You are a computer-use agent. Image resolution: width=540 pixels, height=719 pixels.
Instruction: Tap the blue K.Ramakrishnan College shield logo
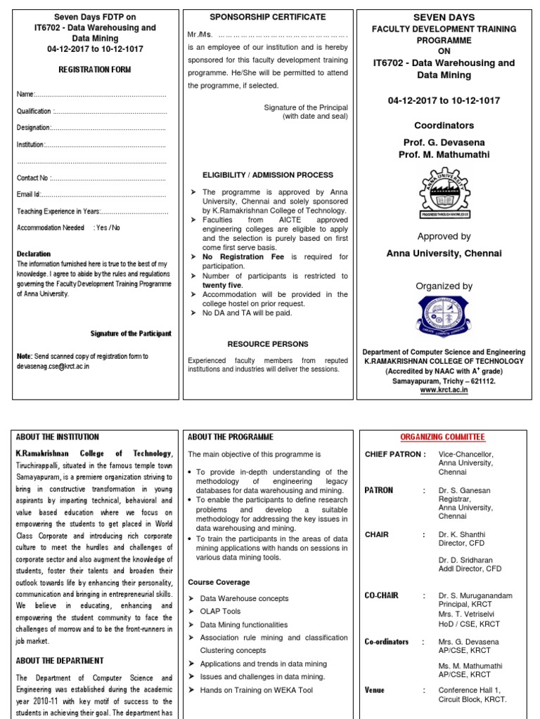(444, 317)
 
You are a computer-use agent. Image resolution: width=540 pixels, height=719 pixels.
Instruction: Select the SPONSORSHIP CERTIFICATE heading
(268, 17)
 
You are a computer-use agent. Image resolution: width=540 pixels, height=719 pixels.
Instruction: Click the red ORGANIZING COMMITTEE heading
(444, 437)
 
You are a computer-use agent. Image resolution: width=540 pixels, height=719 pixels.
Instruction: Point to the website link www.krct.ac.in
(444, 390)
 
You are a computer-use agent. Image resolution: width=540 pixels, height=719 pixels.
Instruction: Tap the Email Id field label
(28, 194)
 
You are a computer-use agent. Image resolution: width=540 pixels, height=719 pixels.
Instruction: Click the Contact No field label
(32, 178)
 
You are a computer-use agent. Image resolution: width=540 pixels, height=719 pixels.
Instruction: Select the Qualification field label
(34, 111)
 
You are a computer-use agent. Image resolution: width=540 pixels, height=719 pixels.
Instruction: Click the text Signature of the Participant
(131, 334)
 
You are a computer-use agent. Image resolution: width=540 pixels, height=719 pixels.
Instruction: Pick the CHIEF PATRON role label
(395, 454)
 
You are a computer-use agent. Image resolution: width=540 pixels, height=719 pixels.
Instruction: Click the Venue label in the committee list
(375, 690)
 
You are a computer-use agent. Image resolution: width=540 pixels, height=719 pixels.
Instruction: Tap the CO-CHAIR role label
(382, 595)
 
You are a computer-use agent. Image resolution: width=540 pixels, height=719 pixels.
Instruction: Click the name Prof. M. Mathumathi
(444, 154)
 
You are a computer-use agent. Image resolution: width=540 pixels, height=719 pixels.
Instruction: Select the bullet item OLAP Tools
(220, 612)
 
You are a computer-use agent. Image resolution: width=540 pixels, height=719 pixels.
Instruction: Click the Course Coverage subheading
(219, 582)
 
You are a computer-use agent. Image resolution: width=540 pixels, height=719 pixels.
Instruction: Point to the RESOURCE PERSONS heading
(268, 344)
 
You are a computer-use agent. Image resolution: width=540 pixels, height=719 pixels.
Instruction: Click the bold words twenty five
(222, 286)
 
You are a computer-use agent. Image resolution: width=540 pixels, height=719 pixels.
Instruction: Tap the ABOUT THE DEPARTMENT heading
(60, 661)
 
